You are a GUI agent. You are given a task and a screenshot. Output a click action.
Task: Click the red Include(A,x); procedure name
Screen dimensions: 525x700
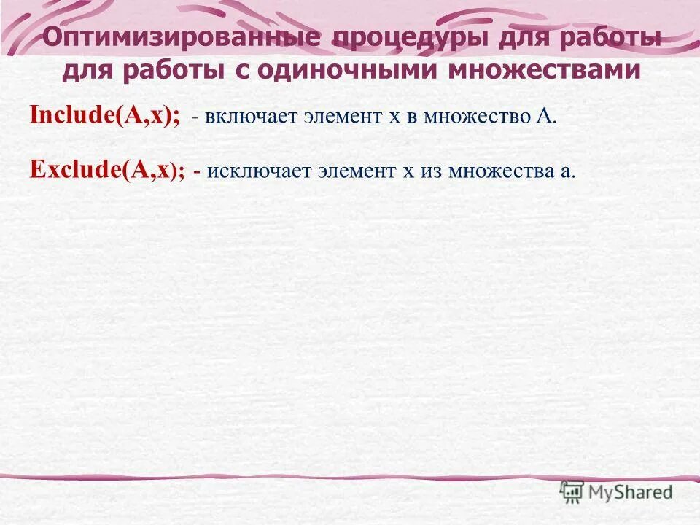[105, 116]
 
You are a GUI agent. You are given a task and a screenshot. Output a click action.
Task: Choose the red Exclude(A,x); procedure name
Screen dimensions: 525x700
[106, 170]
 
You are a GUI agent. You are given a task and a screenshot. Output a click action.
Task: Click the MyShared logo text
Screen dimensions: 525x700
[631, 492]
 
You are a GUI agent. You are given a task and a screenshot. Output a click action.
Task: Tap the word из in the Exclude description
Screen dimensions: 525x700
[431, 171]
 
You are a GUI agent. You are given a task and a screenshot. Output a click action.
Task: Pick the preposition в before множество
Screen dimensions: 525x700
[410, 118]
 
